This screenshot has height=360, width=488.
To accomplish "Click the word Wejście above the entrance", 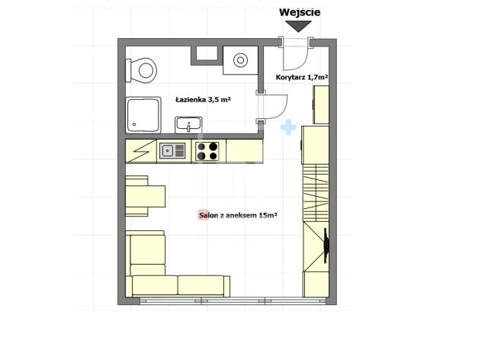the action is (300, 12).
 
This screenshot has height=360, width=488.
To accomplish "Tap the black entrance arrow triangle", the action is (298, 26).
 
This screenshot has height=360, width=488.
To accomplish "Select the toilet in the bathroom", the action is (141, 70).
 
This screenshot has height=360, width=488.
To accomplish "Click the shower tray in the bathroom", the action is (143, 114).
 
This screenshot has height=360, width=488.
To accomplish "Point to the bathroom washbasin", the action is (188, 124).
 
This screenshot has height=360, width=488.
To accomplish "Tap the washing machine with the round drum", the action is (240, 60).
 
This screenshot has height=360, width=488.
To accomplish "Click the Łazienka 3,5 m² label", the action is (204, 100).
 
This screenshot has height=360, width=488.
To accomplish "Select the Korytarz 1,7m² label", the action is (302, 77).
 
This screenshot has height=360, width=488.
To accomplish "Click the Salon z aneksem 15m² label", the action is (238, 215).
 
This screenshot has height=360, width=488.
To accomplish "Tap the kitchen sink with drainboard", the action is (172, 151).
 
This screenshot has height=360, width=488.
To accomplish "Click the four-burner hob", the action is (207, 151).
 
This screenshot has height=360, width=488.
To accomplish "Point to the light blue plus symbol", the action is (288, 127).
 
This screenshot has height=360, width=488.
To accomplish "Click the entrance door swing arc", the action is (303, 62).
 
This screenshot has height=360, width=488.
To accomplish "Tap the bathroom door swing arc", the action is (280, 111).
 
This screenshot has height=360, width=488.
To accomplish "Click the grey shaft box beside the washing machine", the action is (204, 56).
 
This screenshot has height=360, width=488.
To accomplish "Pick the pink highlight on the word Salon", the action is (204, 215).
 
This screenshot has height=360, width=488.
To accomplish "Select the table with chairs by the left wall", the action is (146, 196).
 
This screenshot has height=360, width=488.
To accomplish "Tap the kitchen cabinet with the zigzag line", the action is (140, 151).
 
